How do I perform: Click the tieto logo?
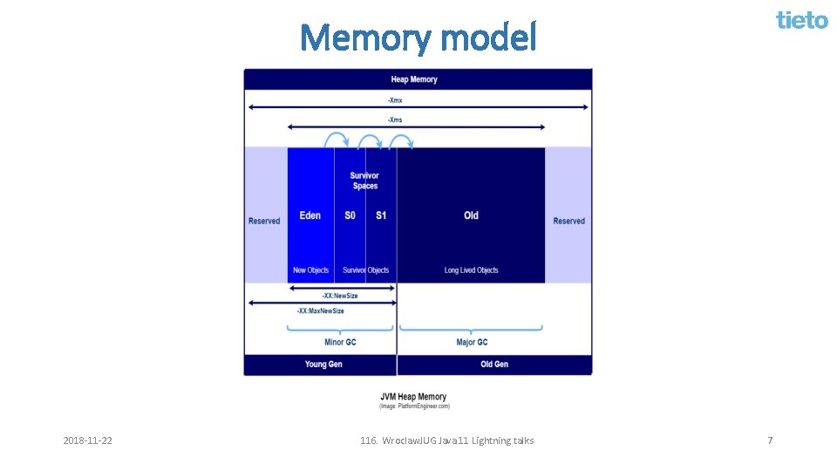(802, 20)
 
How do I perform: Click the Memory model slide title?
(418, 38)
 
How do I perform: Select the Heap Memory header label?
(414, 79)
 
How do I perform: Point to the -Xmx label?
(395, 99)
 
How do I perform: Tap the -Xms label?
(395, 119)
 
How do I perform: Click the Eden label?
(310, 215)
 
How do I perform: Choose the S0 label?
(350, 215)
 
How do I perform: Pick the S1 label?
(381, 215)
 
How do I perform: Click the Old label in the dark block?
(471, 215)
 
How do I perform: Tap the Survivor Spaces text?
(365, 181)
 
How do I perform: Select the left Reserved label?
(264, 221)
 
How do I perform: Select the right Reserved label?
(568, 221)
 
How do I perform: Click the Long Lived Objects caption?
(471, 270)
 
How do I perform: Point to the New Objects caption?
(311, 270)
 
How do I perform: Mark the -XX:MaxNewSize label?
(320, 311)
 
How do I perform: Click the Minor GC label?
(340, 342)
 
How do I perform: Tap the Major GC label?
(472, 342)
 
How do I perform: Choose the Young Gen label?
(323, 365)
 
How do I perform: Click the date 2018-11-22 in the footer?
(87, 440)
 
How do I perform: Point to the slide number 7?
(770, 440)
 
